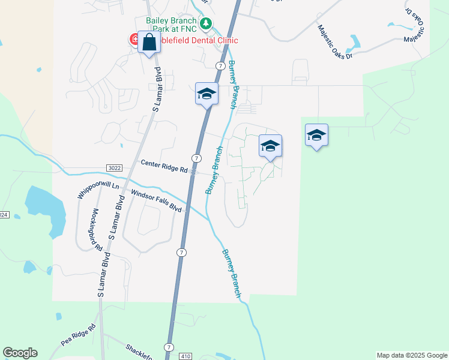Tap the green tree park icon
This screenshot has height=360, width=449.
[x=206, y=24]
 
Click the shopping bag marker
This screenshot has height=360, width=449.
[x=149, y=43]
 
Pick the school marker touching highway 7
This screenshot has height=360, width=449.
[x=206, y=94]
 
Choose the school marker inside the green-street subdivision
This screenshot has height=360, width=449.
[x=270, y=146]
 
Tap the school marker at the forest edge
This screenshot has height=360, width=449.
[x=316, y=135]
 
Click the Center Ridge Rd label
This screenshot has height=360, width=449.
[x=164, y=166]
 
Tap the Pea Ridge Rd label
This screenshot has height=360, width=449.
[x=79, y=336]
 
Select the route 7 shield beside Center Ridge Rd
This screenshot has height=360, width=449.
[x=196, y=158]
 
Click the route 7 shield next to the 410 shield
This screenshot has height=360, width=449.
[x=169, y=347]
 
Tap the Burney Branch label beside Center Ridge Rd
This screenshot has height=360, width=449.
[x=214, y=170]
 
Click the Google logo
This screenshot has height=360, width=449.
[x=20, y=353]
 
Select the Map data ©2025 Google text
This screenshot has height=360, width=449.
[x=411, y=355]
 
